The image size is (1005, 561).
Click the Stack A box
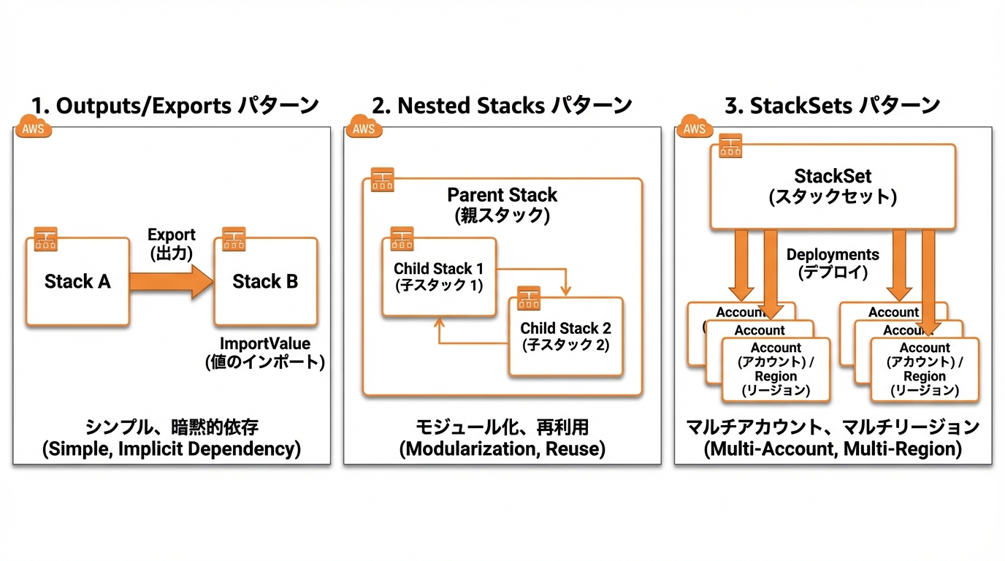pyautogui.click(x=77, y=281)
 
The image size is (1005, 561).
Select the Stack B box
pyautogui.click(x=265, y=281)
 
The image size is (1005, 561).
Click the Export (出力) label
pyautogui.click(x=171, y=244)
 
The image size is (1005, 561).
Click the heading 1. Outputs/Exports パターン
pyautogui.click(x=176, y=105)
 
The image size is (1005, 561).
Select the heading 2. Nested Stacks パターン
pyautogui.click(x=502, y=105)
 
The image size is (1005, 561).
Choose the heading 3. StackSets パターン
pyautogui.click(x=832, y=105)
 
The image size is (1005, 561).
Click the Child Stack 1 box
pyautogui.click(x=438, y=277)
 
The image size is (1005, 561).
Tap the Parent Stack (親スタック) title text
pyautogui.click(x=502, y=205)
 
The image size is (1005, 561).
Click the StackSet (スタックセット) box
pyautogui.click(x=833, y=186)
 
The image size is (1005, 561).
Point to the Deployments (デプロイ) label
pyautogui.click(x=833, y=263)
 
